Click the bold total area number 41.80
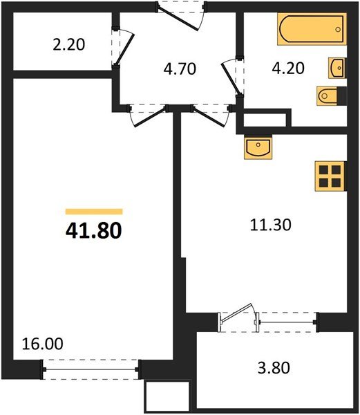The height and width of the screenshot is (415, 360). coord(94,230)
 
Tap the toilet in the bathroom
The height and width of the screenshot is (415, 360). coord(327,95)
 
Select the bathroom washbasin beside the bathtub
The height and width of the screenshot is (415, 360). coord(337,68)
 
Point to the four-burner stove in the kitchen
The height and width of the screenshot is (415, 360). coord(329,176)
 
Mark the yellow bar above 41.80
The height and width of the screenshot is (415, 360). coord(94,212)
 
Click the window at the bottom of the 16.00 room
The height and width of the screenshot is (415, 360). coord(90,369)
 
